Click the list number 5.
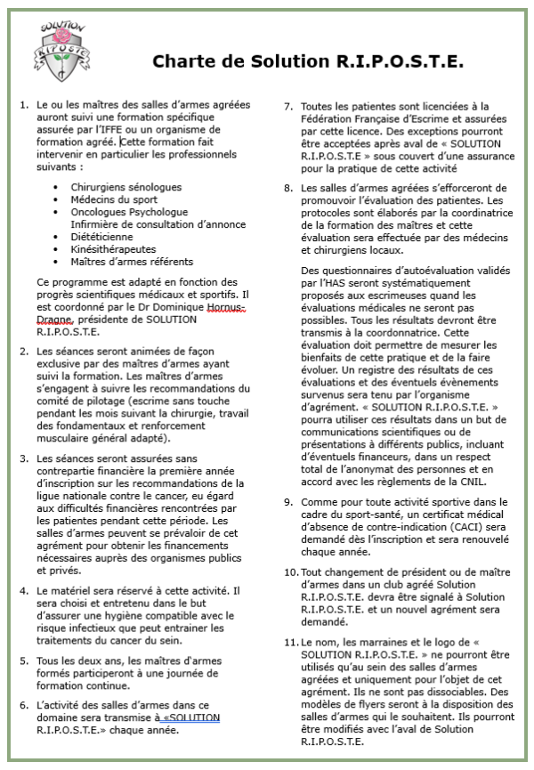pos(23,661)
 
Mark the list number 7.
pos(288,106)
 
